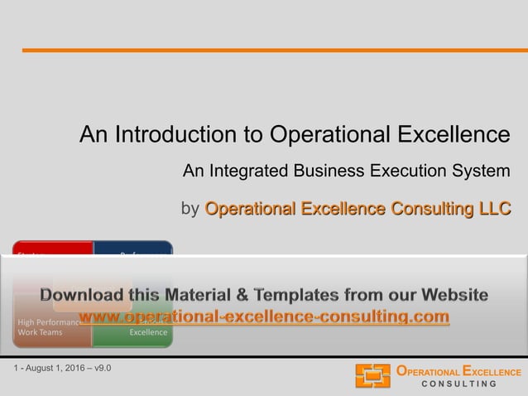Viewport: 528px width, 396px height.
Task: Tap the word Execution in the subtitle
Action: pos(408,171)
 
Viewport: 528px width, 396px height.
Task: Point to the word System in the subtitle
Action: pos(482,171)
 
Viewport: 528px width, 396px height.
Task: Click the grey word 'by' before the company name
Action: pos(190,208)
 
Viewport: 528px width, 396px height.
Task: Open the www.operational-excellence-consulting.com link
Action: pos(264,316)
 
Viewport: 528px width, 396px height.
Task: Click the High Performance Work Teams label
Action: pos(47,326)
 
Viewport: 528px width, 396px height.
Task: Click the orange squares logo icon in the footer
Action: pos(372,375)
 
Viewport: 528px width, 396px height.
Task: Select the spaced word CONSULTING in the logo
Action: pos(458,384)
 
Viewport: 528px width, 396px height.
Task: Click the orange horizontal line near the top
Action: pos(274,51)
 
